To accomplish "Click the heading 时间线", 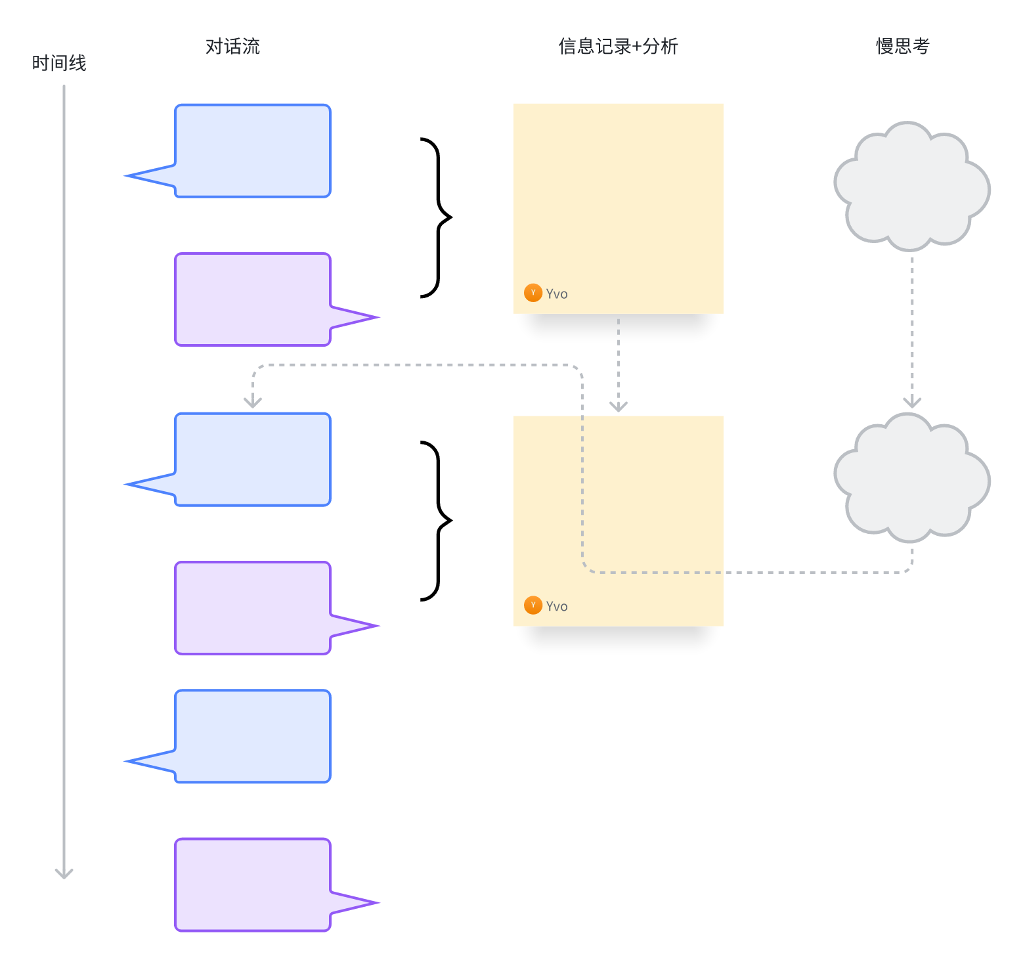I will [59, 63].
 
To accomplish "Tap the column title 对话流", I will [232, 47].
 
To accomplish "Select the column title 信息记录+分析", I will [618, 47].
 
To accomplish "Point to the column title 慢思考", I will [903, 47].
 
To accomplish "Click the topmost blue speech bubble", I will [252, 151].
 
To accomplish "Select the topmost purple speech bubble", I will [252, 299].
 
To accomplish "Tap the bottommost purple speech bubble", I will [252, 885].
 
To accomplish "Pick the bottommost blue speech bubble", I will [252, 736].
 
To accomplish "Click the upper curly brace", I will [437, 217].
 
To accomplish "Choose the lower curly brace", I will [437, 521].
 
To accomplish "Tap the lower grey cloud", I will [911, 477].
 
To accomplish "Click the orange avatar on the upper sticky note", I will [533, 293].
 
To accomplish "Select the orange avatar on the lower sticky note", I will [533, 605].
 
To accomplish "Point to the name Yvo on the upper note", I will [557, 294].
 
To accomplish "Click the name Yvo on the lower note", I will [557, 607].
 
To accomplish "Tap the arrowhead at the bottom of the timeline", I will [64, 874].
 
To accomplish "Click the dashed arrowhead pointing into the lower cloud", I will [912, 403].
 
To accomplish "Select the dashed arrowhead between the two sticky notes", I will [619, 406].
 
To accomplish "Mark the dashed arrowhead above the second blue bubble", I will [253, 402].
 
